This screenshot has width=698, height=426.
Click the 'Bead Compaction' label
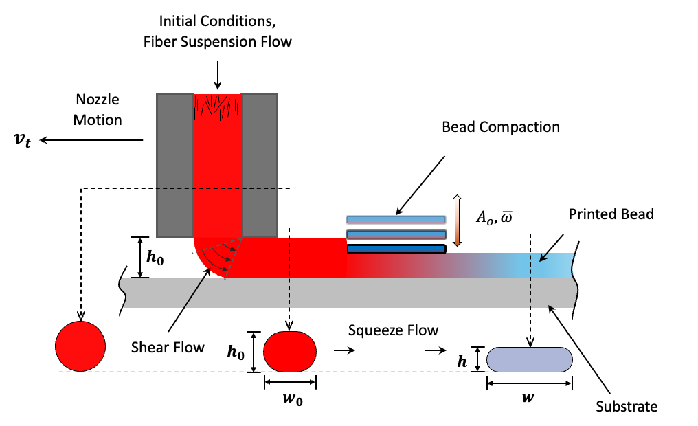click(x=501, y=127)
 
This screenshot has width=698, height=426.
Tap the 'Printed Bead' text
click(x=611, y=214)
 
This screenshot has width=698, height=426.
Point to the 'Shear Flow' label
click(x=168, y=347)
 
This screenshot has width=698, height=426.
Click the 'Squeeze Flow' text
click(x=393, y=330)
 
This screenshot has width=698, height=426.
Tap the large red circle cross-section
click(x=80, y=346)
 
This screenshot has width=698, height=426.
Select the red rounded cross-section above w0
click(x=290, y=352)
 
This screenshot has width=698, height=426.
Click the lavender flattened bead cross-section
click(x=530, y=359)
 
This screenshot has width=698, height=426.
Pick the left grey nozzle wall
click(x=174, y=164)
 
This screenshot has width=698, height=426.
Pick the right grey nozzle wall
click(x=260, y=164)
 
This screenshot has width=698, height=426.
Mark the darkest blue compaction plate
click(x=396, y=249)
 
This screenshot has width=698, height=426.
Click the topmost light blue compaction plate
click(x=396, y=220)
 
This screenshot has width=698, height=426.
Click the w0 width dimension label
click(x=290, y=399)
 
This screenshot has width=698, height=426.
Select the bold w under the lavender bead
click(x=530, y=398)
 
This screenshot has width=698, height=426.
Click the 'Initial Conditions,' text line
click(x=218, y=21)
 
